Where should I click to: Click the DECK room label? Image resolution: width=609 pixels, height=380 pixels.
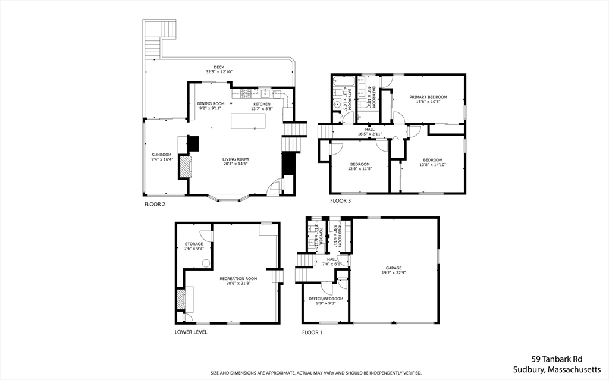pos(219,67)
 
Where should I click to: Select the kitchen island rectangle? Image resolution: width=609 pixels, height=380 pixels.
pos(248,121)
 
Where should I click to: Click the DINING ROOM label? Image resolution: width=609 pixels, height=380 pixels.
pos(211,103)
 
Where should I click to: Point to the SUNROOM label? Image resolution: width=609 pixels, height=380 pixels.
pos(161,155)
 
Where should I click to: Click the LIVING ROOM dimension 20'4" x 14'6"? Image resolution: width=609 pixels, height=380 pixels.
pos(236,164)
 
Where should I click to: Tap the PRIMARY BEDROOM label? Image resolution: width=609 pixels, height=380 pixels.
pos(428,97)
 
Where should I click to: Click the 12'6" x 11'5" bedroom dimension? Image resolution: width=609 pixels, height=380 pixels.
pos(359,169)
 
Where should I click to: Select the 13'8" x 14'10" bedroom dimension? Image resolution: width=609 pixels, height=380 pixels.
pos(432,165)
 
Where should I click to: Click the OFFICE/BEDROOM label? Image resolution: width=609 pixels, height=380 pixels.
pos(325,299)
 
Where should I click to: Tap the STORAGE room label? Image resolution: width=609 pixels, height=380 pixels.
pos(194,244)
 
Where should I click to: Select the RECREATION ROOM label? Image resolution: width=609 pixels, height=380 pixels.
pos(238,278)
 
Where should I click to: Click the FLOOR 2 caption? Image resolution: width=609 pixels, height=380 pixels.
pos(155,205)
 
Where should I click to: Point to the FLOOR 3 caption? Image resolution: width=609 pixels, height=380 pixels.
pos(340,201)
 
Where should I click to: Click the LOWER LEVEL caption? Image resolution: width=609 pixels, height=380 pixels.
pos(191,332)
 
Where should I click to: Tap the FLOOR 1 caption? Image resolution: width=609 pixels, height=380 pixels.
pos(312,332)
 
